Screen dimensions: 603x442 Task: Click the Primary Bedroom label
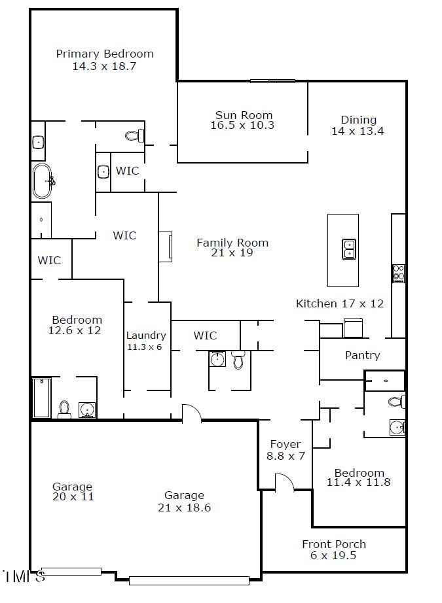(105, 54)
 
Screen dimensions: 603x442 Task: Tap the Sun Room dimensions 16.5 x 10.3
(242, 126)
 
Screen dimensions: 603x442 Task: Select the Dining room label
(358, 120)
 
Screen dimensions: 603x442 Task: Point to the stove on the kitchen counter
(398, 273)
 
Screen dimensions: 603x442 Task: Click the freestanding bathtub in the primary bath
(43, 181)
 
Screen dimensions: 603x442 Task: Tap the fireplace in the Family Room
(166, 246)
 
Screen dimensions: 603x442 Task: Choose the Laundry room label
(146, 336)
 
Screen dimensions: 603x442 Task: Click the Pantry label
(362, 355)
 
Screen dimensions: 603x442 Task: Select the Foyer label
(285, 444)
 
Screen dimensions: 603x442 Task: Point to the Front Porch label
(334, 544)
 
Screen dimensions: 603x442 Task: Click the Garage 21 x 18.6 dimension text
(184, 508)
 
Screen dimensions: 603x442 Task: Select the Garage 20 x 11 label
(73, 487)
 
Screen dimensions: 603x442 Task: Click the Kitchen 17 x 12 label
(340, 303)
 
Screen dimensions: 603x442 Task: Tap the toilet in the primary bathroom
(134, 136)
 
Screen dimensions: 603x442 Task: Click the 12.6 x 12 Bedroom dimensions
(75, 331)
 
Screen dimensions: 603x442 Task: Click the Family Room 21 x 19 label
(232, 243)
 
